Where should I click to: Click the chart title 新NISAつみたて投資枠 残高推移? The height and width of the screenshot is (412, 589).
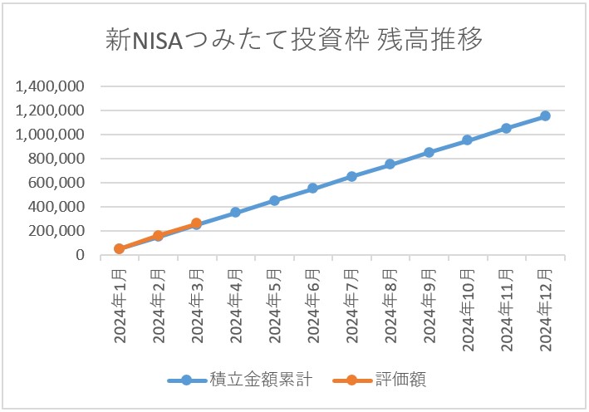pos(294,41)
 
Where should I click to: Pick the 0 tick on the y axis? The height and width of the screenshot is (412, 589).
pos(81,255)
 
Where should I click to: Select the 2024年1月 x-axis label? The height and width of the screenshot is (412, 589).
pos(120,306)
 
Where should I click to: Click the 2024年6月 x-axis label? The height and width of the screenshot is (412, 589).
pos(313,306)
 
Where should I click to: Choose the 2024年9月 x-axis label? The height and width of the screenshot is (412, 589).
pos(429,306)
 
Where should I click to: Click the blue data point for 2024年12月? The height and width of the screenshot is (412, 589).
pos(545,116)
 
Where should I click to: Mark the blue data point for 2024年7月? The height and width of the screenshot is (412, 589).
pos(351,176)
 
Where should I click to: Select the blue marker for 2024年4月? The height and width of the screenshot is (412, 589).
pos(235,213)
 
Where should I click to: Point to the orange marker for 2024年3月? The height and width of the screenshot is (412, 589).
pos(196,223)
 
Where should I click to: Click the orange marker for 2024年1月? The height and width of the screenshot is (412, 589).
pos(120,248)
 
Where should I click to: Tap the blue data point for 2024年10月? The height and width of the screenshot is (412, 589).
pos(468,140)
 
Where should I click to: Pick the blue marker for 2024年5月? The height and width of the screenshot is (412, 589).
pos(274,200)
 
